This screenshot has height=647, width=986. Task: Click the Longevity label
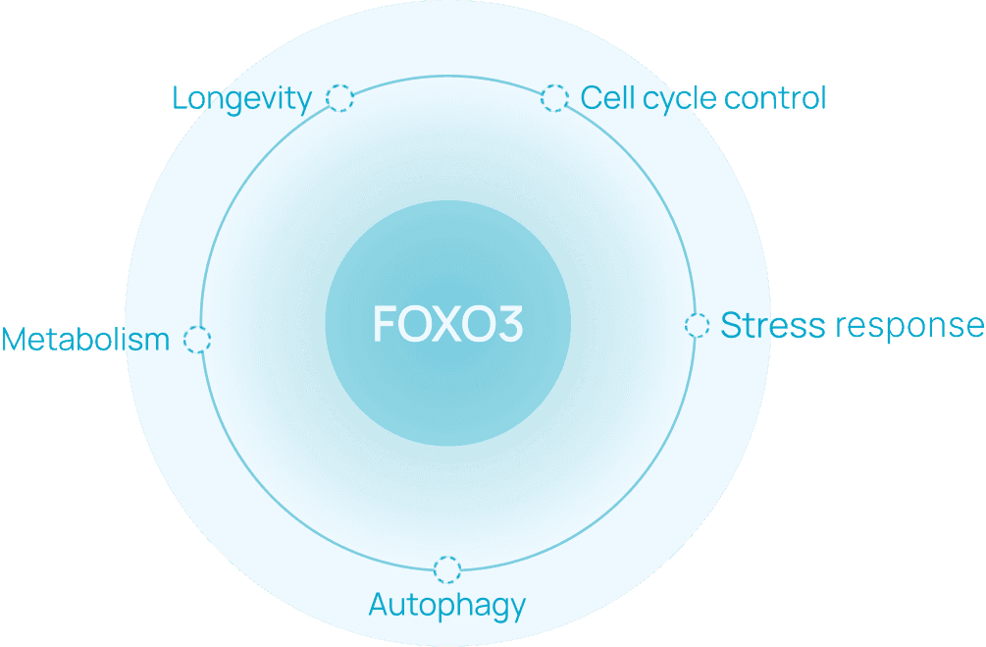click(x=241, y=98)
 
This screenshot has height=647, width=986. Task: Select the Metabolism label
click(x=85, y=340)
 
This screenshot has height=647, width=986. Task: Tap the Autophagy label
click(x=447, y=605)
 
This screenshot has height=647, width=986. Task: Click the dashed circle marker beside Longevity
click(x=338, y=98)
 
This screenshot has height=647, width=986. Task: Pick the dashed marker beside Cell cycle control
click(x=554, y=98)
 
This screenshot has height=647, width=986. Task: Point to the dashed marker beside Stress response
click(x=697, y=326)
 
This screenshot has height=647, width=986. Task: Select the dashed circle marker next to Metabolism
click(x=197, y=340)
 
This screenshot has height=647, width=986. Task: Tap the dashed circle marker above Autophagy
click(x=447, y=569)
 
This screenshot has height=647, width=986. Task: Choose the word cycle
click(x=672, y=99)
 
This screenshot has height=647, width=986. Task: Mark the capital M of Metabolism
click(x=16, y=340)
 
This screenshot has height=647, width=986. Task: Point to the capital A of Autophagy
click(x=379, y=605)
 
